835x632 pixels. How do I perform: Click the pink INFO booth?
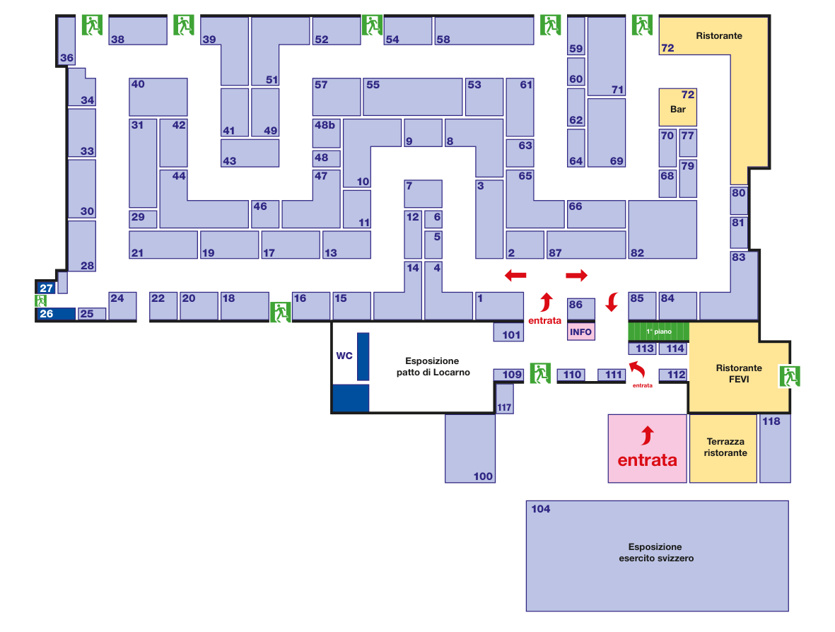point(580,332)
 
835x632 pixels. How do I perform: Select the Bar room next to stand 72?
point(678,107)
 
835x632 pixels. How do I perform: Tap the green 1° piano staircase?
point(658,331)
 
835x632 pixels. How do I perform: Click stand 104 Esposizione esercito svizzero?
point(657,556)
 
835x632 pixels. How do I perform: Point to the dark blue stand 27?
point(46,288)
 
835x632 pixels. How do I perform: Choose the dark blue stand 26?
point(55,313)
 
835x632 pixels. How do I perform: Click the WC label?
point(344,356)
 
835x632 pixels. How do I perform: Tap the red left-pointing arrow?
point(515,275)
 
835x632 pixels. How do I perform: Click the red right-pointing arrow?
point(577,275)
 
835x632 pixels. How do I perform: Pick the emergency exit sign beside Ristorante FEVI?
point(790,377)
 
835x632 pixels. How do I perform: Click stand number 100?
point(470,448)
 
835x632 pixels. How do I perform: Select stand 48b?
point(326,133)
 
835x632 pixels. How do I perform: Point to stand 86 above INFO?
point(581,309)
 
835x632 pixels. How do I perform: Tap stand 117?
point(504,399)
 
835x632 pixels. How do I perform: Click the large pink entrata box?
point(647,448)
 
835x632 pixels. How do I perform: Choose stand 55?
point(413,97)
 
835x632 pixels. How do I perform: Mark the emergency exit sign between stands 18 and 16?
point(281,311)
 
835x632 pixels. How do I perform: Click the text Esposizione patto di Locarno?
point(433,366)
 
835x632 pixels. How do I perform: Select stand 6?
point(433,219)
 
